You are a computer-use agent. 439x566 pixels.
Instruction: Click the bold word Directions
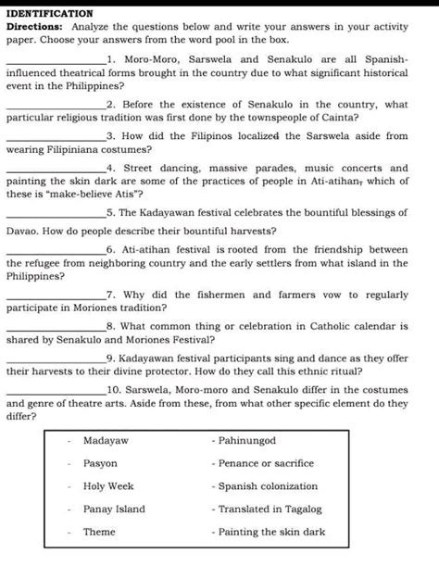[x=32, y=28]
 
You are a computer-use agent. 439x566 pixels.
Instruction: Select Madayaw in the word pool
[x=106, y=440]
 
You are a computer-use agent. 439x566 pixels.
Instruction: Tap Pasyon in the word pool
[x=100, y=463]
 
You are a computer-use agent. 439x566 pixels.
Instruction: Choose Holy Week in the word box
[x=108, y=486]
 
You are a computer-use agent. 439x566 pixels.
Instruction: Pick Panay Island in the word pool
[x=114, y=509]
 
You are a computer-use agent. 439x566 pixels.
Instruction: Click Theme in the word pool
[x=99, y=532]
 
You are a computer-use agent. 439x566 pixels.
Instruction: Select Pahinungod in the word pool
[x=247, y=440]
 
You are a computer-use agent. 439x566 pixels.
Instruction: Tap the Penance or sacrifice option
[x=266, y=463]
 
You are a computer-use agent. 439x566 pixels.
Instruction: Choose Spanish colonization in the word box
[x=268, y=486]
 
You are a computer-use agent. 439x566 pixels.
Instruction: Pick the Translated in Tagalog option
[x=270, y=509]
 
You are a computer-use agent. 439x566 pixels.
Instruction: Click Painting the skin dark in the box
[x=271, y=532]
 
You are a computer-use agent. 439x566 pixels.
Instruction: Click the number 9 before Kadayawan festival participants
[x=110, y=358]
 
